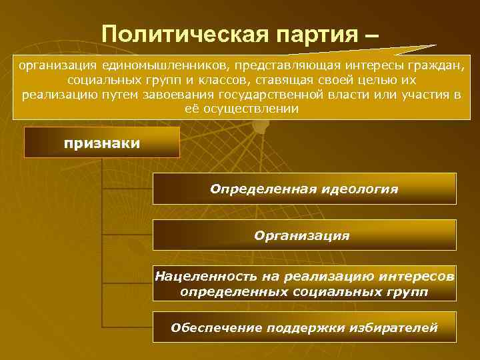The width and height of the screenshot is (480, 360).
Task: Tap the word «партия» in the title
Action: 304,33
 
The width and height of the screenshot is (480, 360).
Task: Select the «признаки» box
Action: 102,143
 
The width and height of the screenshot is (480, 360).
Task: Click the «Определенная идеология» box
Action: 304,189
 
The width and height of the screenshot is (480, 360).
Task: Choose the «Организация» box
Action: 304,235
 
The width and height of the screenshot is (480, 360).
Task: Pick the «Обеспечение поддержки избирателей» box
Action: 304,327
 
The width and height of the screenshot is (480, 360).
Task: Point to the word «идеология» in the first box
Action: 363,189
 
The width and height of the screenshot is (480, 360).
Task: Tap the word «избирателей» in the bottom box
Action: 399,327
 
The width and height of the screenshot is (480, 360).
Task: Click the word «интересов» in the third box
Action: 421,276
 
